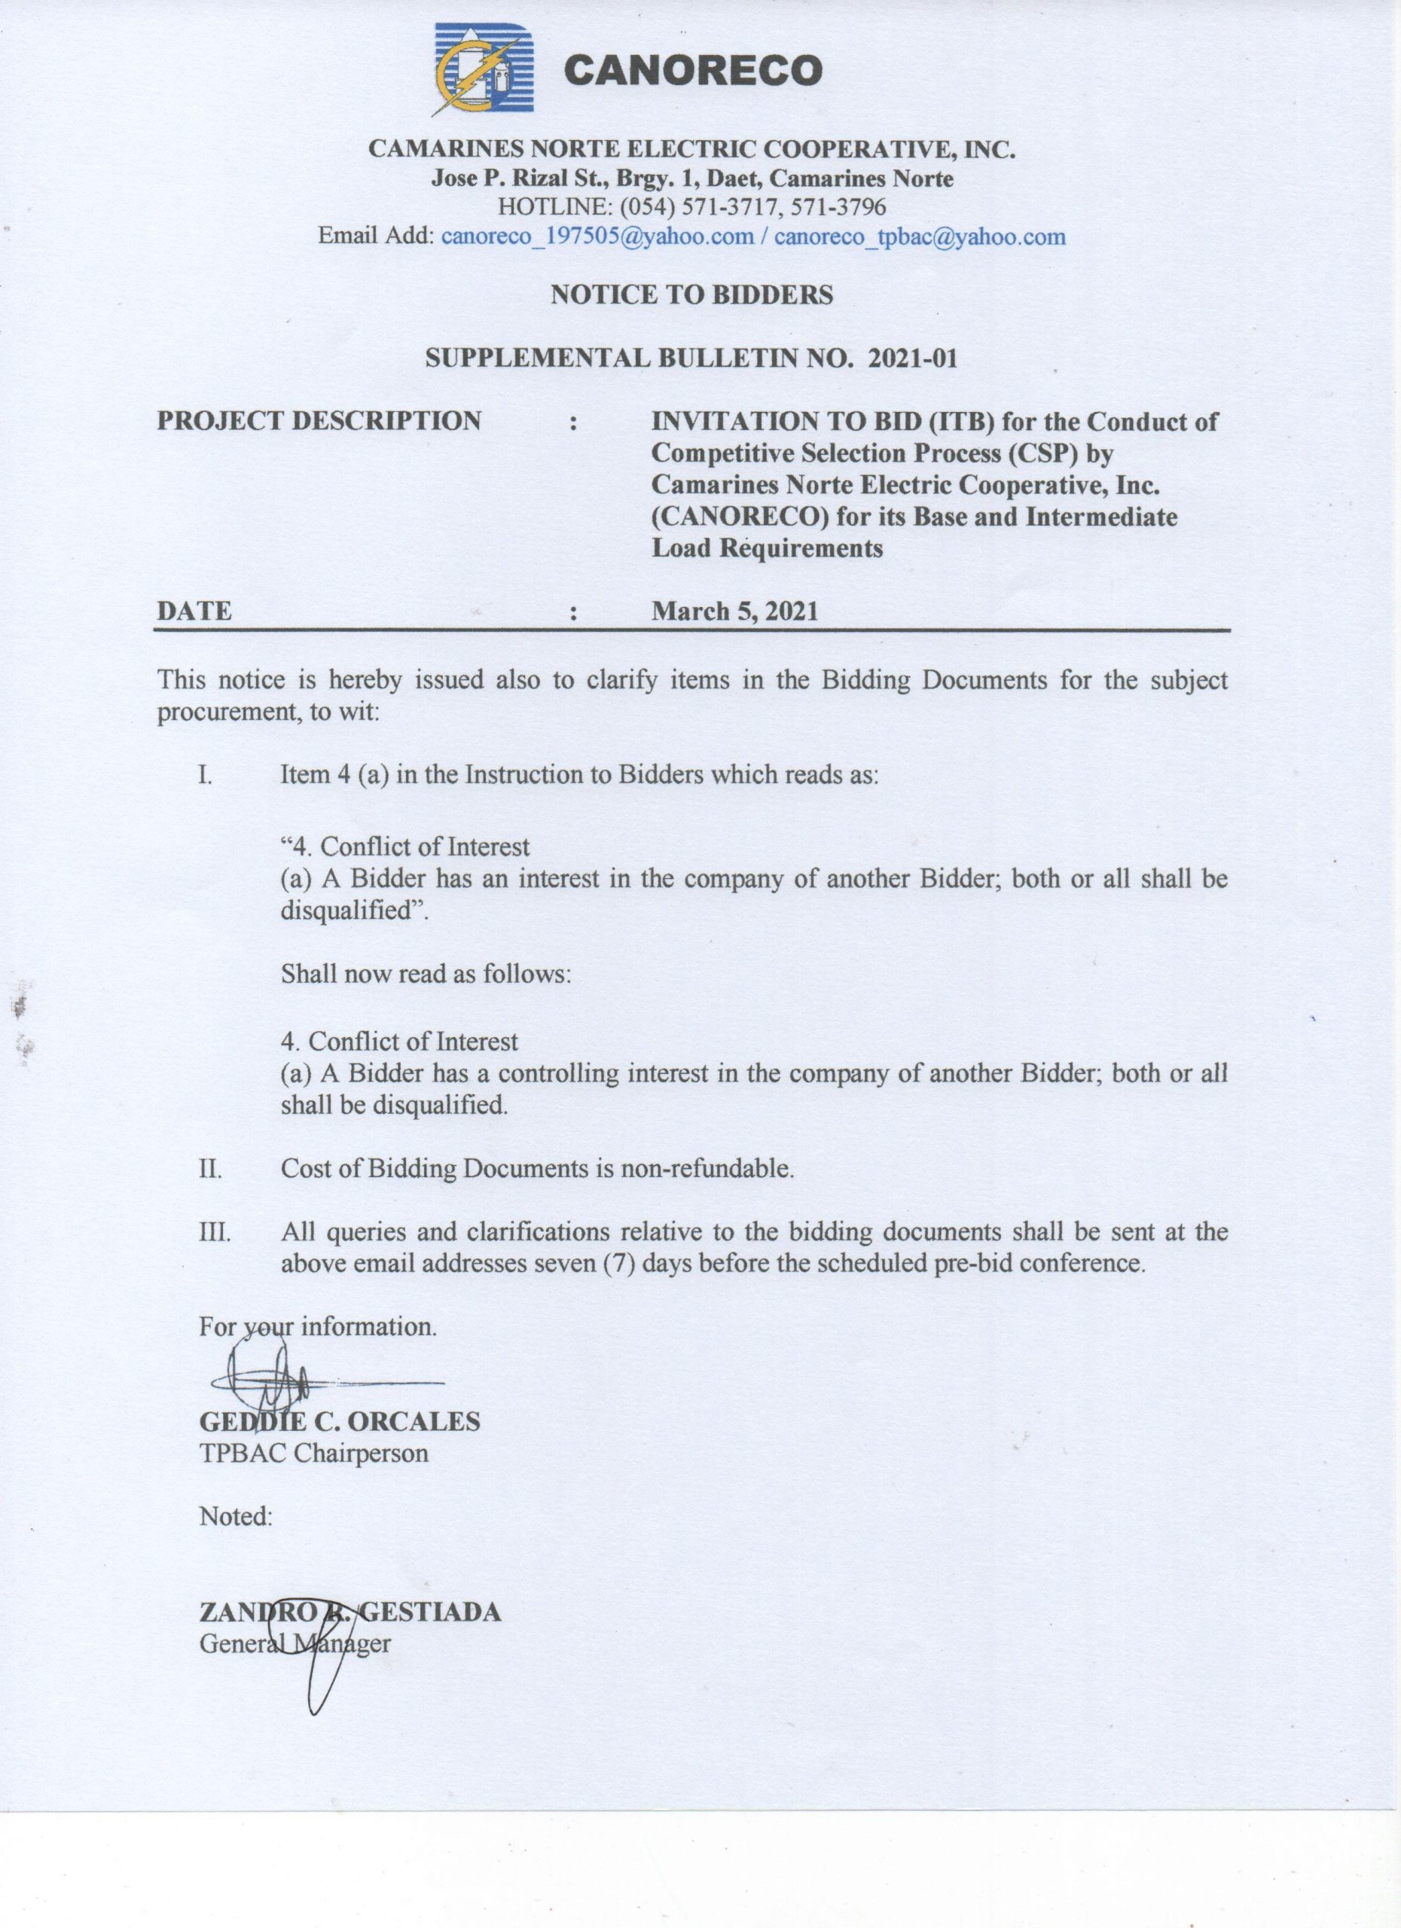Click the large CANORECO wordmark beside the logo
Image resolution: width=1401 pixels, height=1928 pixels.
[692, 71]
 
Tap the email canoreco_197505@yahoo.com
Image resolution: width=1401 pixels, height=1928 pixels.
[597, 236]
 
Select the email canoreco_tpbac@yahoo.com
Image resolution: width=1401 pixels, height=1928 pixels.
[919, 236]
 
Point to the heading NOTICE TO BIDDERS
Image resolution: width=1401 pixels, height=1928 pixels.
[691, 295]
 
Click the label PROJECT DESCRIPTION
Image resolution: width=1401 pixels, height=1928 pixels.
[319, 421]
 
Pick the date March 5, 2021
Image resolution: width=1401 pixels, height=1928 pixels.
[734, 612]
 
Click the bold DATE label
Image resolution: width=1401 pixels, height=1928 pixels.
[194, 612]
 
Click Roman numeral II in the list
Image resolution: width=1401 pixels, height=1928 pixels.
[210, 1169]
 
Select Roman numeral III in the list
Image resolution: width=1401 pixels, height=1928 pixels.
[214, 1232]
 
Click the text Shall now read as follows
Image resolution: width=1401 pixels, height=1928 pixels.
[426, 973]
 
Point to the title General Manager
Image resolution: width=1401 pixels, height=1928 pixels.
[295, 1643]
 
